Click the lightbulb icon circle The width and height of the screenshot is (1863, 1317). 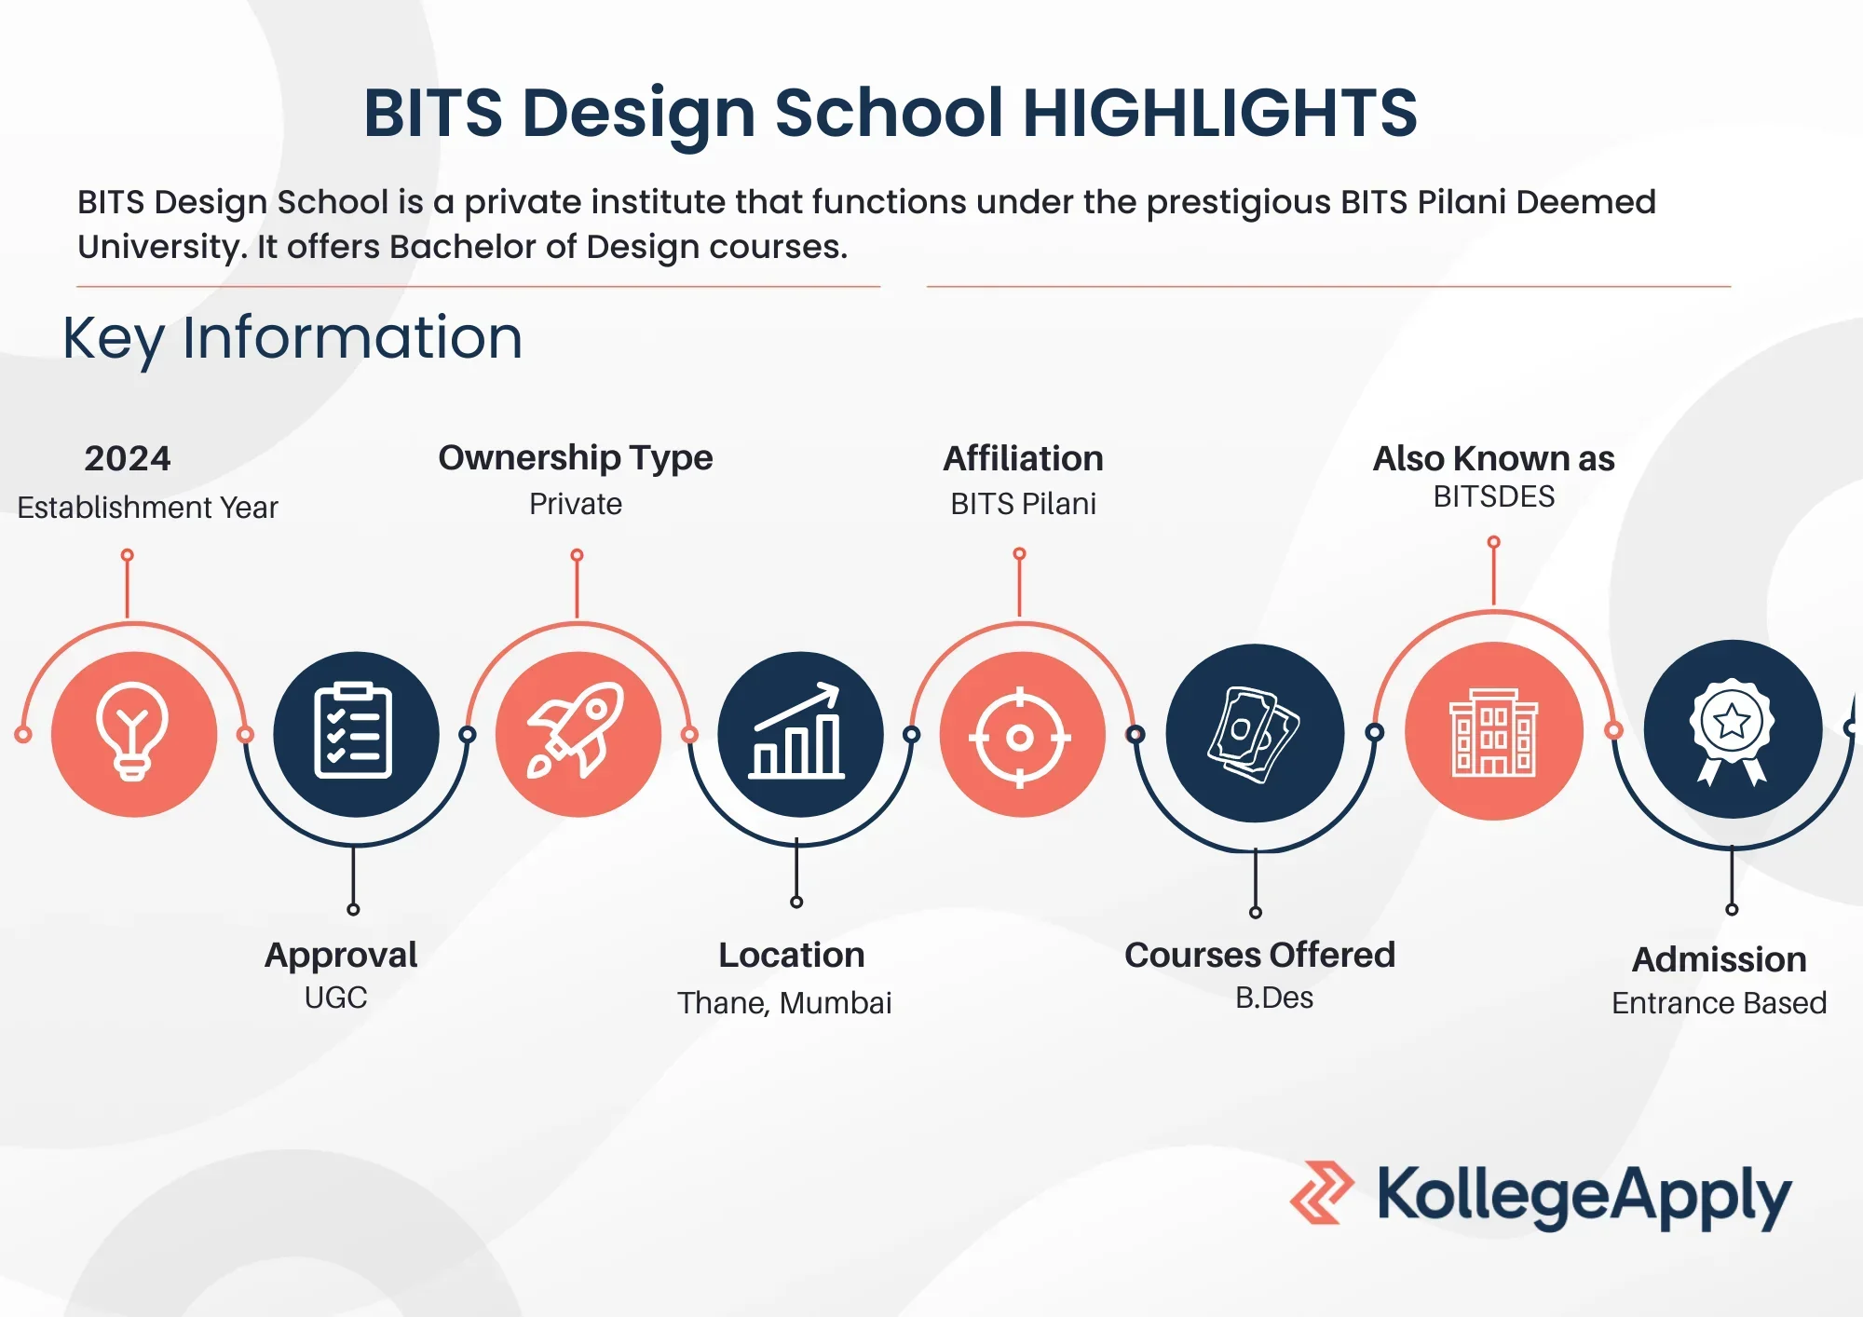(x=134, y=734)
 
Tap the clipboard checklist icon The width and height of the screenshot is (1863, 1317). (x=354, y=731)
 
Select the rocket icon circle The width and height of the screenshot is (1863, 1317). (x=578, y=734)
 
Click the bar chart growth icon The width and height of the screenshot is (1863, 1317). (x=797, y=731)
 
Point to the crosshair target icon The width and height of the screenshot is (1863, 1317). (x=1020, y=738)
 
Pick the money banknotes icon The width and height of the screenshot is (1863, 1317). (x=1254, y=734)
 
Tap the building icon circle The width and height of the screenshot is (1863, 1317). (x=1494, y=731)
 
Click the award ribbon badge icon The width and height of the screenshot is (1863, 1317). (x=1732, y=732)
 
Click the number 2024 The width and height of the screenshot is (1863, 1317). (x=128, y=458)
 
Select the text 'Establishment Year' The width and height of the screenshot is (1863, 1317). (x=147, y=508)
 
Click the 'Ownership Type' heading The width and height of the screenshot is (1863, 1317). (x=576, y=458)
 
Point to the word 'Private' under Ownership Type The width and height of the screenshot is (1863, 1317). (x=576, y=504)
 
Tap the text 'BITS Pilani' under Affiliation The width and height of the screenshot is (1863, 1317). (x=1023, y=504)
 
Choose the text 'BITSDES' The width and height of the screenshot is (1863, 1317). (x=1494, y=496)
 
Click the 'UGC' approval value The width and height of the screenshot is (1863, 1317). (x=335, y=998)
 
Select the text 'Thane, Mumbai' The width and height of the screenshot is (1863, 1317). (x=784, y=1003)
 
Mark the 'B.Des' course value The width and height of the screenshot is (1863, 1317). (x=1274, y=998)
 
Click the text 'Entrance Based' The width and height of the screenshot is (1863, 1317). (x=1719, y=1003)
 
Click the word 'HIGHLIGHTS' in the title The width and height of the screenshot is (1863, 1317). (x=1220, y=113)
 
